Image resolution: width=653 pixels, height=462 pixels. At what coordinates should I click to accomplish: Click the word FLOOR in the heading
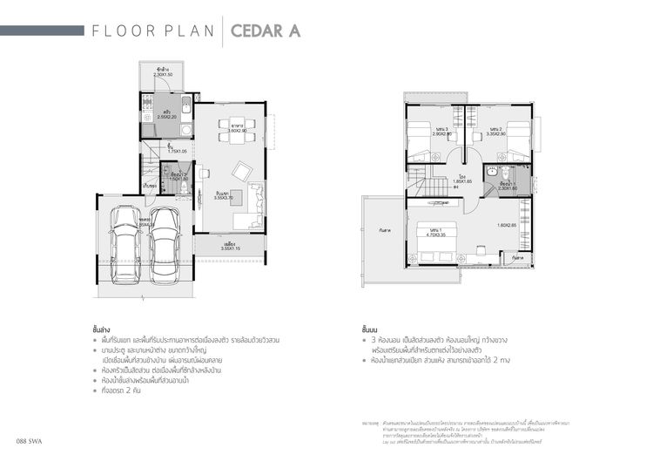(121, 31)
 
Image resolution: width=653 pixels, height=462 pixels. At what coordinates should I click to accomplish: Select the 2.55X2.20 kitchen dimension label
(168, 118)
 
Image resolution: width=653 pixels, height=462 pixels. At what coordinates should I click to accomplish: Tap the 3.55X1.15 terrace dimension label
(231, 248)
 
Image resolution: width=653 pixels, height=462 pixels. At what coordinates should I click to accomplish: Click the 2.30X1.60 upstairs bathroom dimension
(508, 187)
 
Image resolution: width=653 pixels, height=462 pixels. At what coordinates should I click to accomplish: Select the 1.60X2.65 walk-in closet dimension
(508, 225)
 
